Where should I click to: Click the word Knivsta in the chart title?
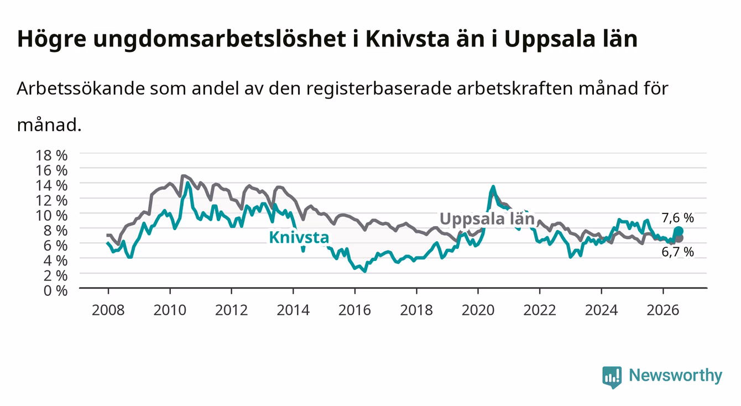coord(408,39)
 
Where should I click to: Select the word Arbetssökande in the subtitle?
coord(81,89)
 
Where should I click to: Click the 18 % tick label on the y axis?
coord(51,155)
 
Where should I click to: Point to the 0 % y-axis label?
coord(55,290)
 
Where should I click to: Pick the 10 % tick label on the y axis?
coord(51,215)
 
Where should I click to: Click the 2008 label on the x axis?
coord(108,310)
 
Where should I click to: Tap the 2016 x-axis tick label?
coord(354,310)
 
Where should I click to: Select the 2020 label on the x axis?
coord(478,310)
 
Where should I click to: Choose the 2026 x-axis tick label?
coord(663,310)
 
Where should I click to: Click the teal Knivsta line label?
coord(299,237)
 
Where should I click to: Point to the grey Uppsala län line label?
coord(487,219)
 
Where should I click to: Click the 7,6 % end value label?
coord(678,218)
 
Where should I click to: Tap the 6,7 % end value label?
coord(678,252)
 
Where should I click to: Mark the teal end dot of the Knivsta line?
coord(679,231)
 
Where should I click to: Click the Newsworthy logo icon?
coord(612,377)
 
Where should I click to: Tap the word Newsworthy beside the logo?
coord(676,376)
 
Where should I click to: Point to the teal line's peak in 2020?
coord(493,186)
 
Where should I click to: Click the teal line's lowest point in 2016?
coord(365,272)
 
